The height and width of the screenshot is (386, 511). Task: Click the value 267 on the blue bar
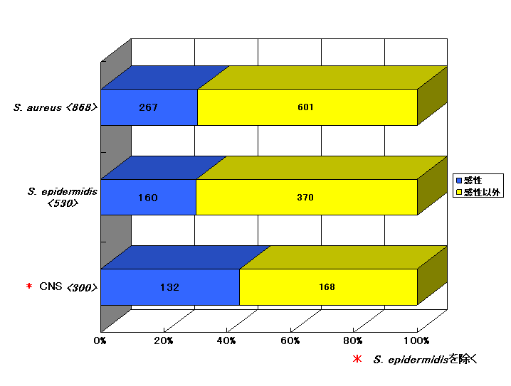(148, 107)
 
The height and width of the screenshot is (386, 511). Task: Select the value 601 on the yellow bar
(305, 107)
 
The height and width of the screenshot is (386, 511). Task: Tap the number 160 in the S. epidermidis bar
(147, 198)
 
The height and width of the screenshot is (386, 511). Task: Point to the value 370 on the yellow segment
(305, 197)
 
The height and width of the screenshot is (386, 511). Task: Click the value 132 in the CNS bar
(169, 287)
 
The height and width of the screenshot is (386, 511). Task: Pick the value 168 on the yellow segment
(327, 286)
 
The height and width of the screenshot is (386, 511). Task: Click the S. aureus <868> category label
(56, 107)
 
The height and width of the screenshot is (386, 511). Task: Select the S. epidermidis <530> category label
(63, 197)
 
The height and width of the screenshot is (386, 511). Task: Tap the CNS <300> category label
(68, 287)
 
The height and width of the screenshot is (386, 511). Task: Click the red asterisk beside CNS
(29, 286)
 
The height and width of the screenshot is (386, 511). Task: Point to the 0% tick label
(100, 341)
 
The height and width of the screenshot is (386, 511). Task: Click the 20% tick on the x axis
(163, 341)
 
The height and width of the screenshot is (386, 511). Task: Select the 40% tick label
(226, 341)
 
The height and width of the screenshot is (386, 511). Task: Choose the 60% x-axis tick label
(290, 341)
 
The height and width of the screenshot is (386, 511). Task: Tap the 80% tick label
(353, 341)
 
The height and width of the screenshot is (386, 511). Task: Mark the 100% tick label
(416, 341)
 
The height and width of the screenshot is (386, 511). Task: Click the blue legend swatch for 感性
(459, 181)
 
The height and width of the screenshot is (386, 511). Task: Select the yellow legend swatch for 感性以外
(459, 192)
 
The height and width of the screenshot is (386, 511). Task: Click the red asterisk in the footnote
(357, 359)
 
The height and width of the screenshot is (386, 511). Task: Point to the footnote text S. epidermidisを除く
(426, 359)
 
